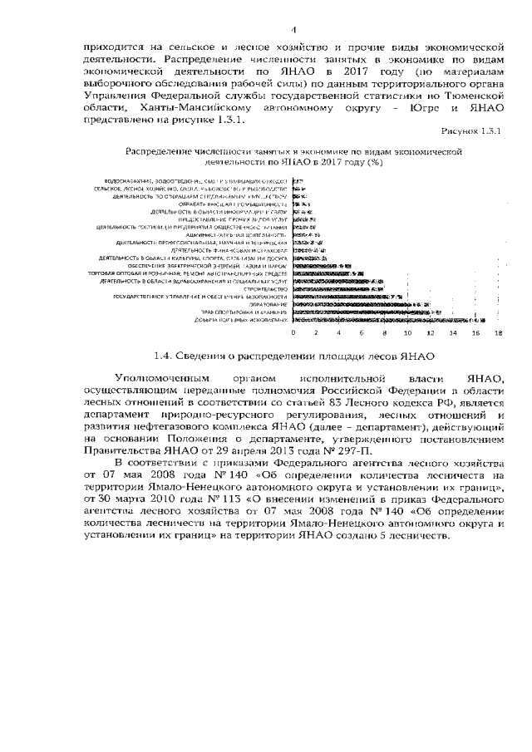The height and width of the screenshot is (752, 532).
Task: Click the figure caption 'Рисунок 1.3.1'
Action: coord(474,131)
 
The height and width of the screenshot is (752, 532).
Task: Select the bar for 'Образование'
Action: coord(366,304)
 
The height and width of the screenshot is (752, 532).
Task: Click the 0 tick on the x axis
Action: coord(293,332)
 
